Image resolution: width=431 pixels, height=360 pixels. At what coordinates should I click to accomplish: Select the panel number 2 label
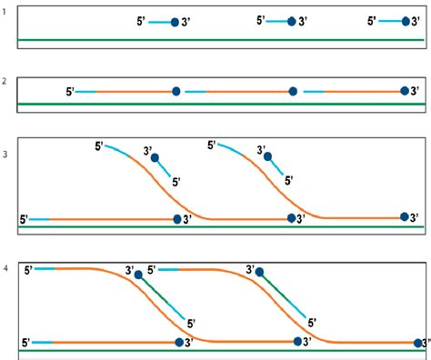(x=5, y=81)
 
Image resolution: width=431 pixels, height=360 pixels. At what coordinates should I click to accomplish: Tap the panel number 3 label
(x=5, y=154)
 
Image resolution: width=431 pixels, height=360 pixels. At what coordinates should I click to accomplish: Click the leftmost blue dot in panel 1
(x=175, y=21)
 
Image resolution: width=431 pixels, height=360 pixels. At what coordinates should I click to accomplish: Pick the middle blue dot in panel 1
(x=292, y=21)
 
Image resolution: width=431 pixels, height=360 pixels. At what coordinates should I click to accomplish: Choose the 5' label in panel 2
(x=69, y=91)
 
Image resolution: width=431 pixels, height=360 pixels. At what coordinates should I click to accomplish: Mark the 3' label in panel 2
(x=416, y=91)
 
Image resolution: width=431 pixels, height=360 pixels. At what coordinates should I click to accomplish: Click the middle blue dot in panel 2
(x=293, y=91)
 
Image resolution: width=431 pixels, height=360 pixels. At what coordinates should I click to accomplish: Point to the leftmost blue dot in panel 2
(x=176, y=91)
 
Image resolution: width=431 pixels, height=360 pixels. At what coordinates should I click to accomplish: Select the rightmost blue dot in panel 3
(x=406, y=216)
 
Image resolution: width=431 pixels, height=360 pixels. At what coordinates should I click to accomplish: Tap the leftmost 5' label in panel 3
(x=25, y=219)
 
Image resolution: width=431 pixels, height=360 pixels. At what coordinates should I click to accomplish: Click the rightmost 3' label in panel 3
(x=416, y=218)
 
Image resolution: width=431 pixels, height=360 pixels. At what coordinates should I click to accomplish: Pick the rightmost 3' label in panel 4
(x=423, y=343)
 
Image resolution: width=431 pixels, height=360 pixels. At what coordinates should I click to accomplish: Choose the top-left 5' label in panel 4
(x=26, y=269)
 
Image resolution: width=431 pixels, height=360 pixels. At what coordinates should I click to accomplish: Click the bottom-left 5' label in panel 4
(x=26, y=343)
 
